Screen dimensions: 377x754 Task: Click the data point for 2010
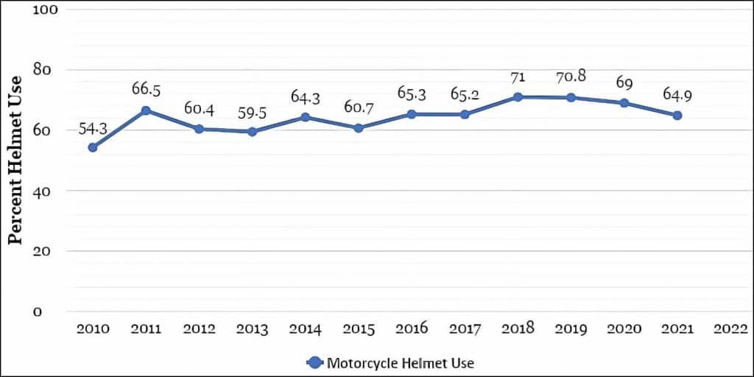[x=93, y=147]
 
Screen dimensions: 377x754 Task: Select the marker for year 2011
[x=146, y=110]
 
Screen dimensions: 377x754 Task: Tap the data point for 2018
[x=518, y=96]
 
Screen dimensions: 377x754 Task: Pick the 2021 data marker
[x=677, y=116]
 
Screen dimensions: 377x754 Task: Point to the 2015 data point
[x=359, y=128]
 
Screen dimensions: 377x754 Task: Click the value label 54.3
[x=94, y=128]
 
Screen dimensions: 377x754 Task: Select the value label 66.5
[x=146, y=89]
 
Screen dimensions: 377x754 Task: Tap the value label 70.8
[x=571, y=76]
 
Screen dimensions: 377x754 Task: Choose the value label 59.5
[x=252, y=114]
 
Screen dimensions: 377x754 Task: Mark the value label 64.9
[x=677, y=95]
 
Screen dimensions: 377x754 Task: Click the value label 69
[x=624, y=83]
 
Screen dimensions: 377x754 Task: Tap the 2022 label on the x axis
[x=730, y=329]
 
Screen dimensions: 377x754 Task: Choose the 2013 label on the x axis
[x=252, y=329]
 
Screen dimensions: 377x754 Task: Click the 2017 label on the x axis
[x=465, y=329]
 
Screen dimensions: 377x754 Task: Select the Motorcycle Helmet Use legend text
[x=400, y=363]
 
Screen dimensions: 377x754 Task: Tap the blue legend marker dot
[x=314, y=363]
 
